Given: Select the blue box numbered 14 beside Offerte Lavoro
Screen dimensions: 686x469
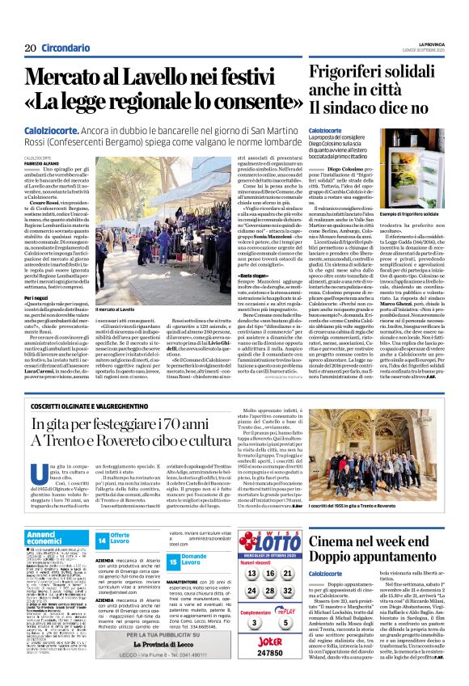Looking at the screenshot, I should (x=103, y=540).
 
